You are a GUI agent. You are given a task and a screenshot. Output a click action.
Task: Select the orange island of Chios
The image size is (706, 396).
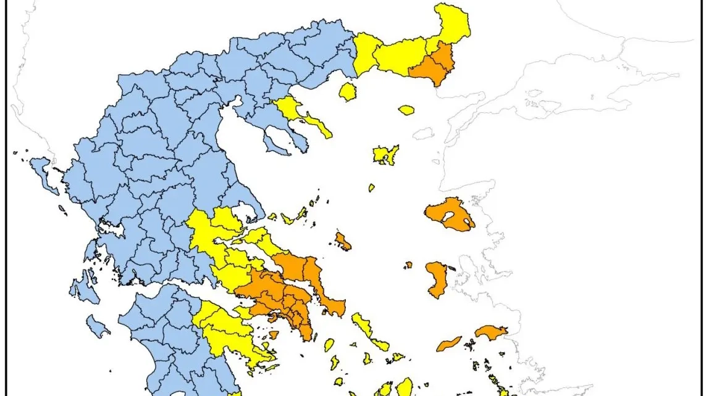437,278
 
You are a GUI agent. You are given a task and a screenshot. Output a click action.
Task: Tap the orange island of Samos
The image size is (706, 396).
491,332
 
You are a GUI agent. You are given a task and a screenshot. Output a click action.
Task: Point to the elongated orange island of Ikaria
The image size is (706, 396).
448,344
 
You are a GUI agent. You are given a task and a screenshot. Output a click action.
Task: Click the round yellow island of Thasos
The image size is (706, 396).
348,92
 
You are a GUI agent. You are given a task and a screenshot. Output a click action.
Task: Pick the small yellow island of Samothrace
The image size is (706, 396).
406,110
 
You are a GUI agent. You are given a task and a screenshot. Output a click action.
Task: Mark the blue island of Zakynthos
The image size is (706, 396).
98,325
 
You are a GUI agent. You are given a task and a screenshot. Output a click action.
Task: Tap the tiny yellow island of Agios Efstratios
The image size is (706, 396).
372,188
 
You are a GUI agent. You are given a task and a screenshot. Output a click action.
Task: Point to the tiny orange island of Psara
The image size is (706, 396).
408,265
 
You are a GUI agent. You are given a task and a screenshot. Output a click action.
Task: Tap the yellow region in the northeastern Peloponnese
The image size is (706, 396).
229,333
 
